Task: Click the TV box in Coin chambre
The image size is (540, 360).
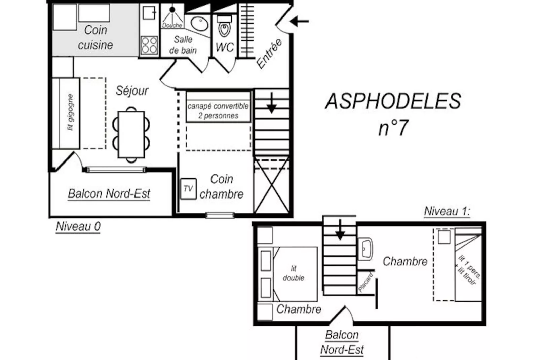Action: point(188,189)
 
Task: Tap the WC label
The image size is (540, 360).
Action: point(225,47)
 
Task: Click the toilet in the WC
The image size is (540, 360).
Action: point(224,28)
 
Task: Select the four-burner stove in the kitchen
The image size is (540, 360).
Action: point(149,45)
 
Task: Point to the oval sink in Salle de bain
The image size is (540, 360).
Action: point(199,23)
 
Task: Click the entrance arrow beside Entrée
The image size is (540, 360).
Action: point(299,21)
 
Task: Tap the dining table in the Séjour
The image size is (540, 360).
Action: point(131,135)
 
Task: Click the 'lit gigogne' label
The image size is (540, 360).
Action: point(70,112)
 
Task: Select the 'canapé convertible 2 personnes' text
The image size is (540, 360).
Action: point(218,111)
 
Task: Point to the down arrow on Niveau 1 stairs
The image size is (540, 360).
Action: point(340,230)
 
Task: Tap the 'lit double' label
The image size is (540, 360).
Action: point(294,273)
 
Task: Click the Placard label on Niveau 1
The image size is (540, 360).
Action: point(365,282)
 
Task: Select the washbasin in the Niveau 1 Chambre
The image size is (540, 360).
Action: point(365,249)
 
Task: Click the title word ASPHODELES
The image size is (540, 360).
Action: point(393,101)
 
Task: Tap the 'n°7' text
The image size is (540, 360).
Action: point(393,128)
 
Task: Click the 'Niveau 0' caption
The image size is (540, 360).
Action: point(78,226)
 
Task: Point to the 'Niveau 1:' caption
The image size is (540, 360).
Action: point(447,211)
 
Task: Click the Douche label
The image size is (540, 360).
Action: point(172,25)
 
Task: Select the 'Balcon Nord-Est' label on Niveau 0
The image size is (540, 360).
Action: point(109,194)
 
